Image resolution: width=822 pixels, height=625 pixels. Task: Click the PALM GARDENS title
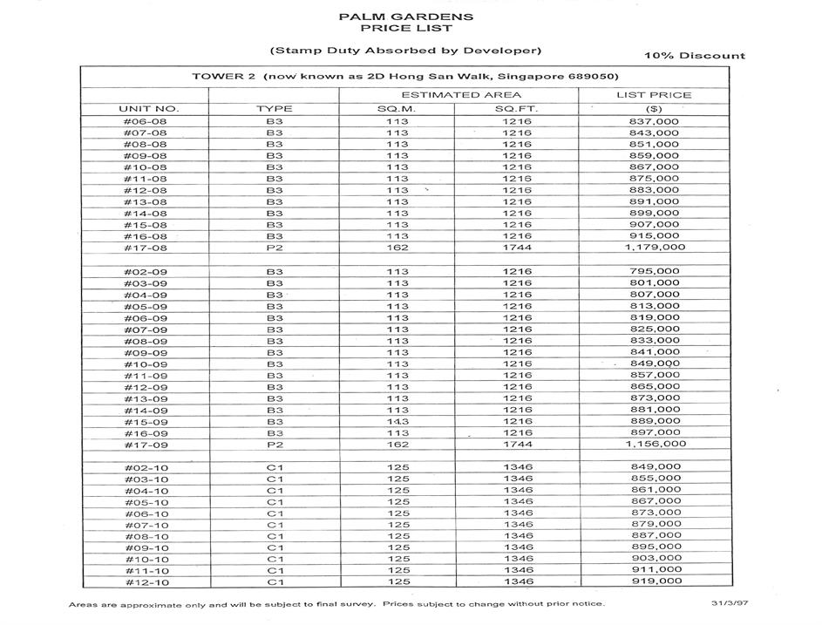click(405, 16)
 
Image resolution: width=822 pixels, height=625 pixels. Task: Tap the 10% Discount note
click(695, 56)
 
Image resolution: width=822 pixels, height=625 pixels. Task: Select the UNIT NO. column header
click(148, 109)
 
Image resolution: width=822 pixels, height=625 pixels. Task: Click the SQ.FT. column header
click(517, 109)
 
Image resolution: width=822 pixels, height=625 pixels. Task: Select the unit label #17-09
click(146, 445)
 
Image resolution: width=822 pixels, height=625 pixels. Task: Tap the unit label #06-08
click(146, 121)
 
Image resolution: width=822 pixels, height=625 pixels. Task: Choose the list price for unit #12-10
click(655, 581)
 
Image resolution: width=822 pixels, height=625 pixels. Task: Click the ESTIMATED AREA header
click(461, 94)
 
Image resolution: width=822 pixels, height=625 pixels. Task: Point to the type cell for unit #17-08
click(275, 248)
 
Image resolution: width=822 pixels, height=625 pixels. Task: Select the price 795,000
click(654, 271)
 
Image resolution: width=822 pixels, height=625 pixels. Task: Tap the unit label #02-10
click(146, 467)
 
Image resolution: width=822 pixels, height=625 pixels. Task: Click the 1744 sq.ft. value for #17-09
click(517, 445)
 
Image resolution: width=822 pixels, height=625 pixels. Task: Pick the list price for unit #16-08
click(654, 236)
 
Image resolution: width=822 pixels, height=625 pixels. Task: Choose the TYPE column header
click(275, 109)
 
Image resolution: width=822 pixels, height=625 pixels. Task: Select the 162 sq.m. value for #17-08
click(397, 248)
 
